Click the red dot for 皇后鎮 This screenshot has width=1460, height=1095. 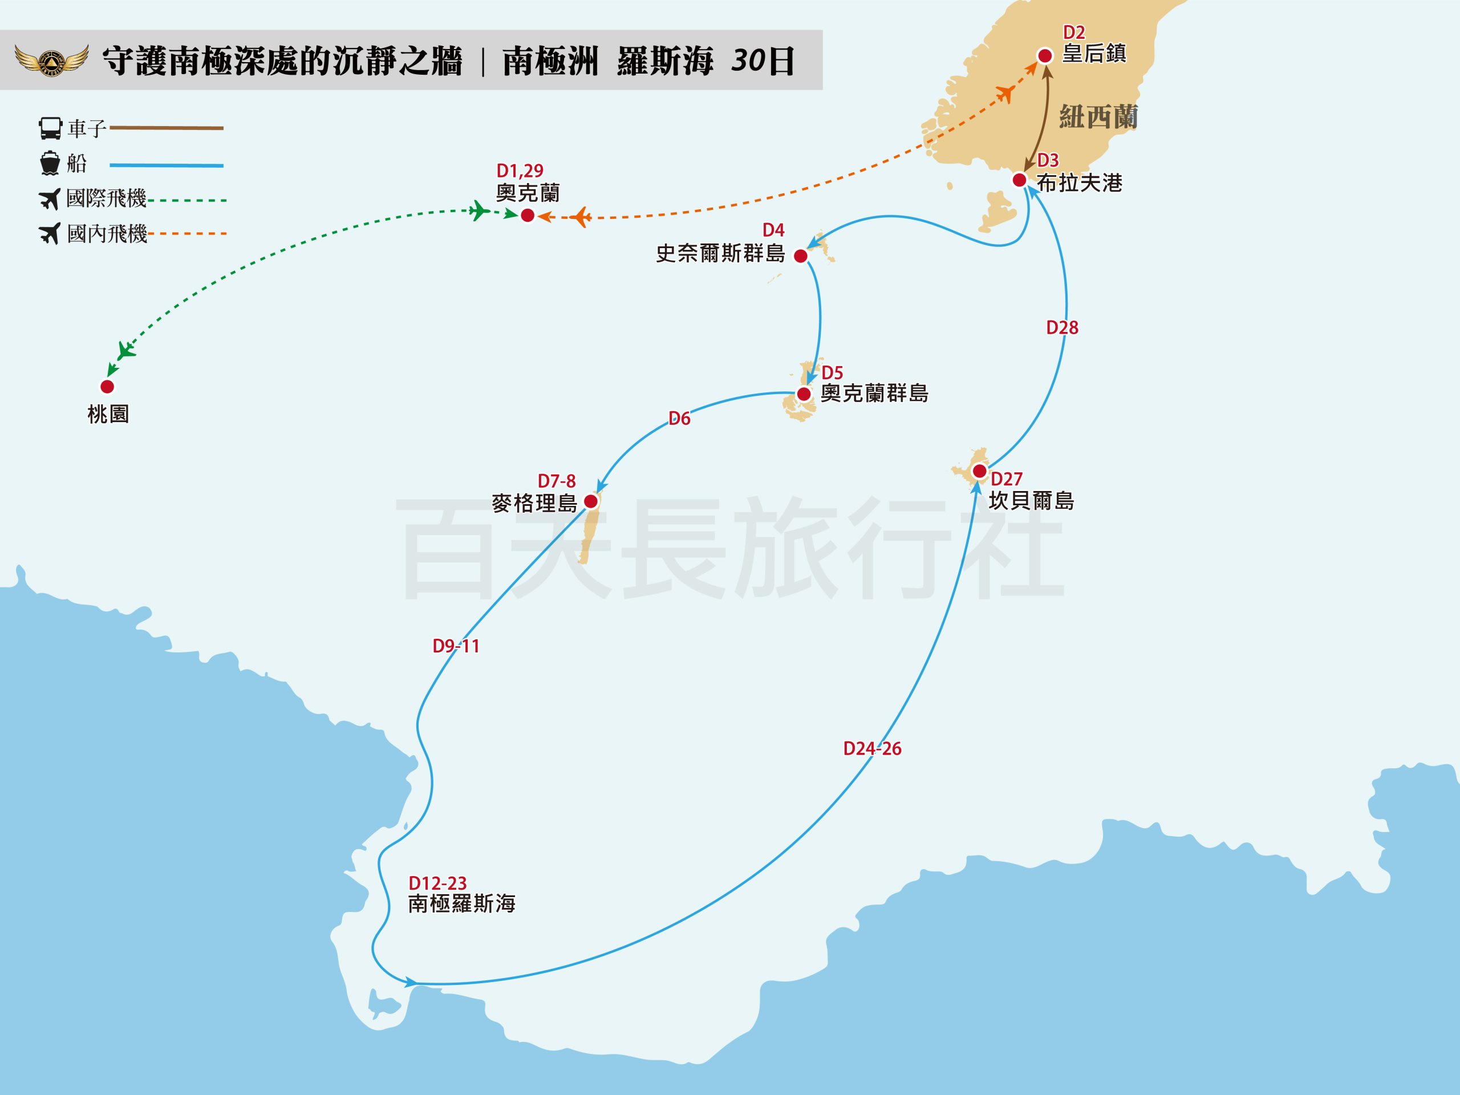(1045, 56)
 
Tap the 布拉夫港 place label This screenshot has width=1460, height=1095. (1079, 183)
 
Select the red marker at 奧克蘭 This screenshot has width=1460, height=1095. (528, 215)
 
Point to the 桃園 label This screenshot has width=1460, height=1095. (108, 414)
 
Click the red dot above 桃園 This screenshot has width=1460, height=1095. (107, 386)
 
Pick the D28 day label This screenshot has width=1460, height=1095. (1062, 327)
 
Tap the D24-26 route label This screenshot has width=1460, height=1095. (872, 748)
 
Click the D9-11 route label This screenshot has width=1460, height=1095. (456, 646)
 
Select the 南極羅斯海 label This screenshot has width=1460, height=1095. (461, 903)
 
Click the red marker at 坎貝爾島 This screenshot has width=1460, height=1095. (979, 471)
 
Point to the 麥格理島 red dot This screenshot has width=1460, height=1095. (591, 501)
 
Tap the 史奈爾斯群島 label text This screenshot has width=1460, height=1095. (720, 253)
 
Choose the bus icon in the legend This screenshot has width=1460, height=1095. (50, 128)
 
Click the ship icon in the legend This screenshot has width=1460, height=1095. (50, 163)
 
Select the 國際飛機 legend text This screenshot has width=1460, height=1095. (106, 198)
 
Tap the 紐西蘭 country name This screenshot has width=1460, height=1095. (1098, 117)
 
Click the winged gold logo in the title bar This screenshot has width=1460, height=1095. (51, 60)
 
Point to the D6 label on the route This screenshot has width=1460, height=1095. (679, 419)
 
